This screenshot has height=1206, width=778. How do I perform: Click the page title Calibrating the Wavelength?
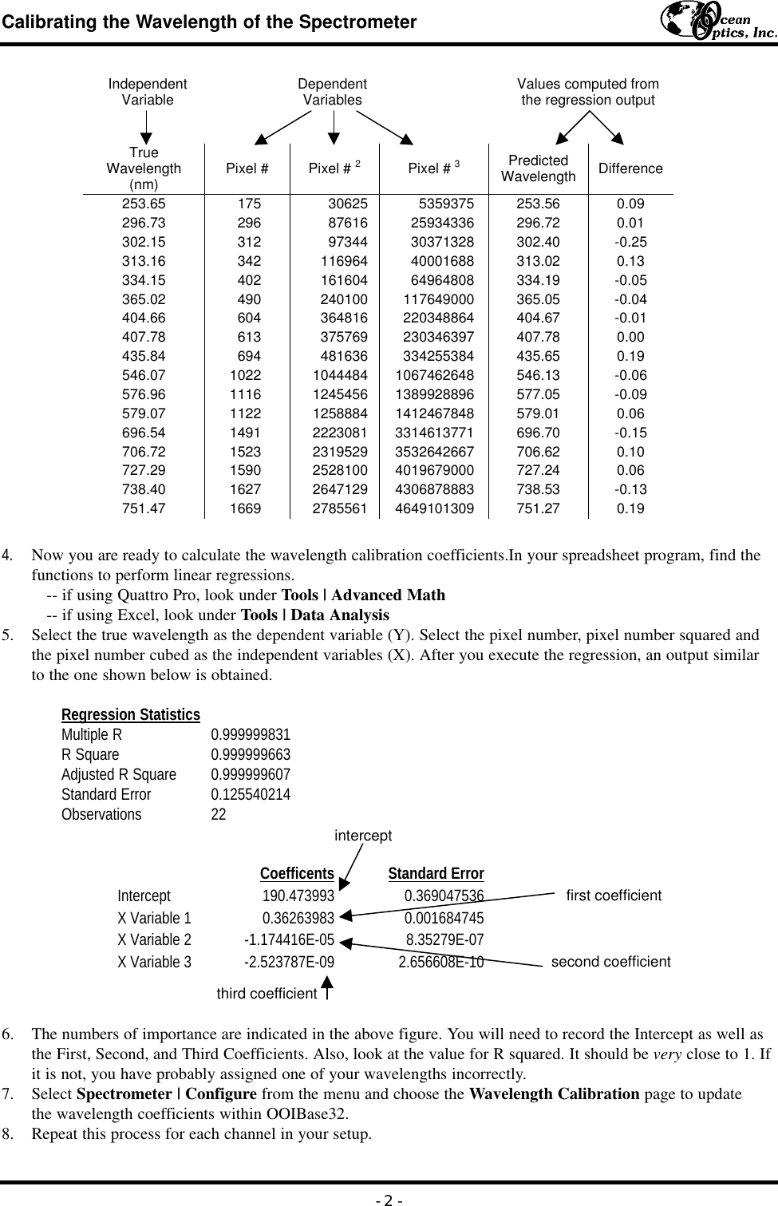click(x=209, y=22)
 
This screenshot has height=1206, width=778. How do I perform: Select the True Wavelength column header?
click(x=144, y=168)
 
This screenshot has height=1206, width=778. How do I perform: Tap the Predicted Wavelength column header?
click(x=538, y=168)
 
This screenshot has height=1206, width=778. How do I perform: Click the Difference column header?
click(x=630, y=168)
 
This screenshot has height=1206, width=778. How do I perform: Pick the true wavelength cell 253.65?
click(x=144, y=204)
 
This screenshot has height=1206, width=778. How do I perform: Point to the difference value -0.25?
click(x=630, y=242)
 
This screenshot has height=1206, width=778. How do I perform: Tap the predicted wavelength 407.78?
click(x=538, y=337)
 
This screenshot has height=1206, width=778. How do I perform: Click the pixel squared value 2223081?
click(x=339, y=433)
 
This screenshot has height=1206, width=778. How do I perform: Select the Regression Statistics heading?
click(x=131, y=714)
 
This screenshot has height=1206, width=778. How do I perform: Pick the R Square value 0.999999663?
click(x=251, y=754)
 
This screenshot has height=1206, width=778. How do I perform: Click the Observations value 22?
click(x=218, y=814)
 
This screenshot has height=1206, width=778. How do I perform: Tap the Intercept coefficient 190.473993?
click(x=298, y=896)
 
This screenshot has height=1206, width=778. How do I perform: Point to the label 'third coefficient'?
click(x=267, y=994)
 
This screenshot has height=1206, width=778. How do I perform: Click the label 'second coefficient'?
click(x=610, y=962)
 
